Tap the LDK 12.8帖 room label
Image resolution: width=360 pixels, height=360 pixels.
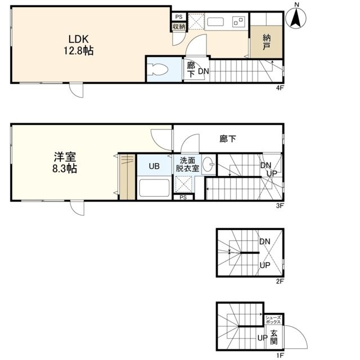click(x=79, y=45)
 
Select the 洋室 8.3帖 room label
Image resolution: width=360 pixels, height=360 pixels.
click(x=65, y=163)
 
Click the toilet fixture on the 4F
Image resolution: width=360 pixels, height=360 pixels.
click(x=157, y=69)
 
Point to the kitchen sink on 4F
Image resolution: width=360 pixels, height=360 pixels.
click(x=215, y=22)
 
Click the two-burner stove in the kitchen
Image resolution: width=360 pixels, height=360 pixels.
click(x=238, y=22)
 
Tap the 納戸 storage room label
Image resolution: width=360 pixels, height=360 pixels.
click(x=266, y=42)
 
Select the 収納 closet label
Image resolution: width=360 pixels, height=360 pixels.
click(x=179, y=26)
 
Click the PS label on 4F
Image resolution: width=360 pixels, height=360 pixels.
click(x=179, y=17)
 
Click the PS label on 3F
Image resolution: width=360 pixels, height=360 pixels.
click(x=183, y=197)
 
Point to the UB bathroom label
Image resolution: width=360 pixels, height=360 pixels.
click(x=154, y=166)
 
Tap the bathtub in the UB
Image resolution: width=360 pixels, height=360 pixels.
click(x=154, y=188)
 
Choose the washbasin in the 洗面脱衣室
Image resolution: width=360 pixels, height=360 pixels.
click(x=209, y=164)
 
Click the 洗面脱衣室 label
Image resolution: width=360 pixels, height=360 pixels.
click(x=187, y=164)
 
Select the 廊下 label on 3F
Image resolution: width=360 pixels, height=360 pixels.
click(x=228, y=139)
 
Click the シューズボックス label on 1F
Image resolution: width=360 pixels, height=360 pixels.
click(x=273, y=319)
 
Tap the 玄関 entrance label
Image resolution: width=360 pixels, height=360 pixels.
click(x=274, y=337)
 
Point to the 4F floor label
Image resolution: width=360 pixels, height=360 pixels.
click(x=280, y=88)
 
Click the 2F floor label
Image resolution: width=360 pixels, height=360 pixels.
click(x=280, y=281)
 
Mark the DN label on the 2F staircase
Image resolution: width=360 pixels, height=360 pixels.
click(x=265, y=241)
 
